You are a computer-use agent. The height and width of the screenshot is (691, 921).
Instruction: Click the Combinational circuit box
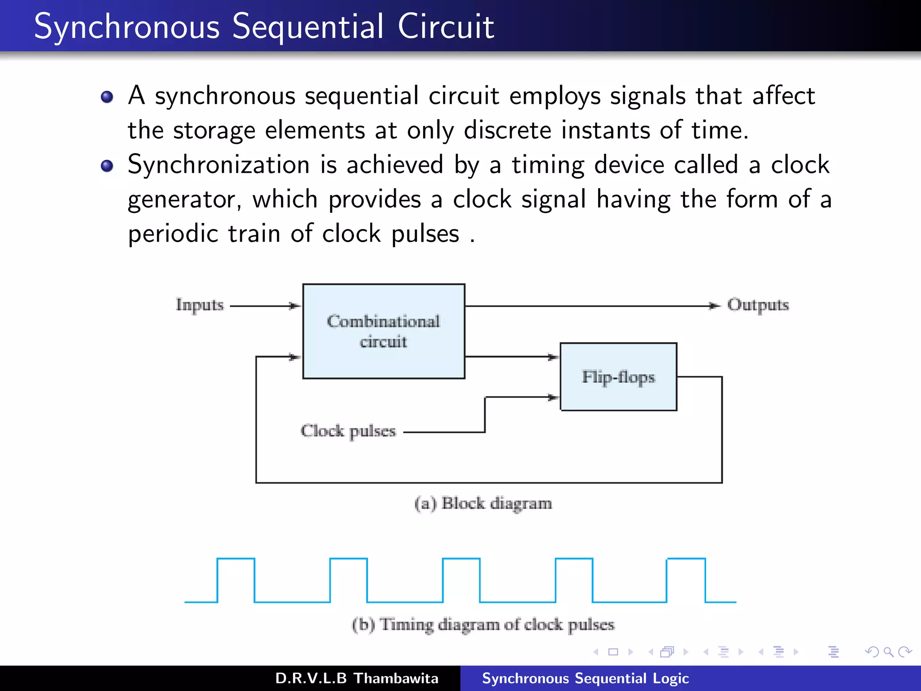[x=384, y=332]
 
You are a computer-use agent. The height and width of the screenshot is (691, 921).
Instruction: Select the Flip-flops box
[x=618, y=377]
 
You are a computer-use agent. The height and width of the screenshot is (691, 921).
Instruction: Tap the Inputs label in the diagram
[x=200, y=305]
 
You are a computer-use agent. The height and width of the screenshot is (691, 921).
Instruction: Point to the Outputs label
[x=758, y=305]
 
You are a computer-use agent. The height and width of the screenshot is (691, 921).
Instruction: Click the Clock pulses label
[x=348, y=431]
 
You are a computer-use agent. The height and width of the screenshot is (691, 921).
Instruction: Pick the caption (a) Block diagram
[x=483, y=503]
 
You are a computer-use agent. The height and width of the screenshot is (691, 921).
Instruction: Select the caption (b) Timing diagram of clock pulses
[x=483, y=624]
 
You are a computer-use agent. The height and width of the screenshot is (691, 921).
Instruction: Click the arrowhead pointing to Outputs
[x=714, y=306]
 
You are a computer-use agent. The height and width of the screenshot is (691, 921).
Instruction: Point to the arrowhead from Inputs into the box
[x=295, y=306]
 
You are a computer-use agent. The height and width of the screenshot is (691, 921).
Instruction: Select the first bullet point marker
[x=107, y=97]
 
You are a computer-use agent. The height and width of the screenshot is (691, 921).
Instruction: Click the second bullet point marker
[x=107, y=166]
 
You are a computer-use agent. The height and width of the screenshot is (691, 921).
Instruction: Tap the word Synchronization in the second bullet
[x=219, y=165]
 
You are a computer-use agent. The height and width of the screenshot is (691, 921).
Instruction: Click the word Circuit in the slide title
[x=446, y=27]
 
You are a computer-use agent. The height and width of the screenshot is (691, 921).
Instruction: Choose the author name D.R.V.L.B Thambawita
[x=357, y=678]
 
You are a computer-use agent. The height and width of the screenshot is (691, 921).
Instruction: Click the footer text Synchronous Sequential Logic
[x=585, y=678]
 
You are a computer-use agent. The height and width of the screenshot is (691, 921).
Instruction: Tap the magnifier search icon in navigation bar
[x=888, y=652]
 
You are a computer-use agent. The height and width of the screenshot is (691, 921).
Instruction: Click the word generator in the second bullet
[x=184, y=199]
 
